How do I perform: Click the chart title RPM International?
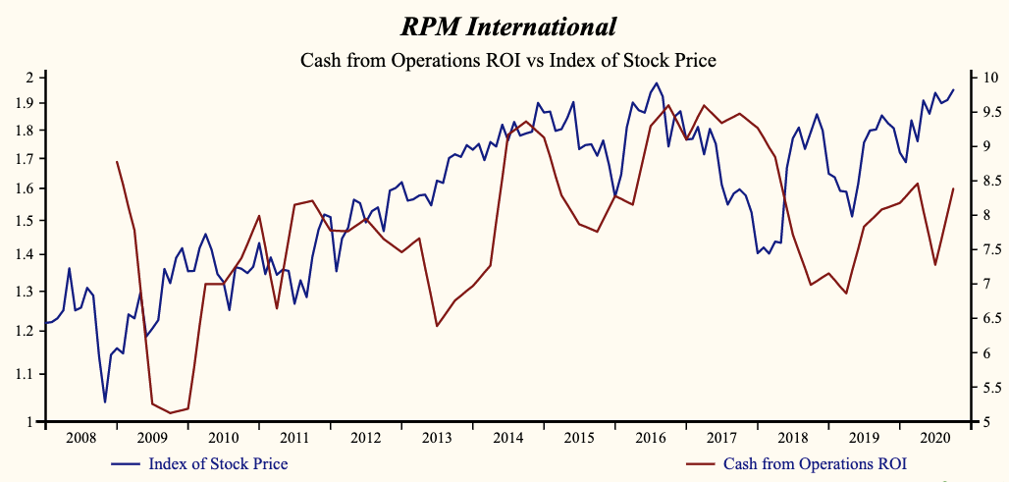point(507,27)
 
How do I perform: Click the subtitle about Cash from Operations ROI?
point(507,61)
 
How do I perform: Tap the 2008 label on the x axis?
point(80,437)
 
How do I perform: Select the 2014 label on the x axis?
point(507,437)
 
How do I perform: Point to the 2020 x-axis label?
point(935,437)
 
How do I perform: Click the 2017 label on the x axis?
point(721,437)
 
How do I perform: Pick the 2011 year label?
point(294,437)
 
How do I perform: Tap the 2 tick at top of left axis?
point(29,78)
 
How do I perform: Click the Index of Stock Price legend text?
point(218,463)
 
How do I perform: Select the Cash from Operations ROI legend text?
point(815,463)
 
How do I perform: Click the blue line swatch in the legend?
point(127,463)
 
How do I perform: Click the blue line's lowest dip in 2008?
point(105,402)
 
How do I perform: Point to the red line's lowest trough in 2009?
point(170,412)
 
